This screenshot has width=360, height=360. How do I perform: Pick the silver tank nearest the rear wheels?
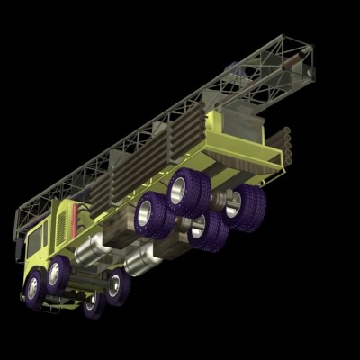click(139, 262)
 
